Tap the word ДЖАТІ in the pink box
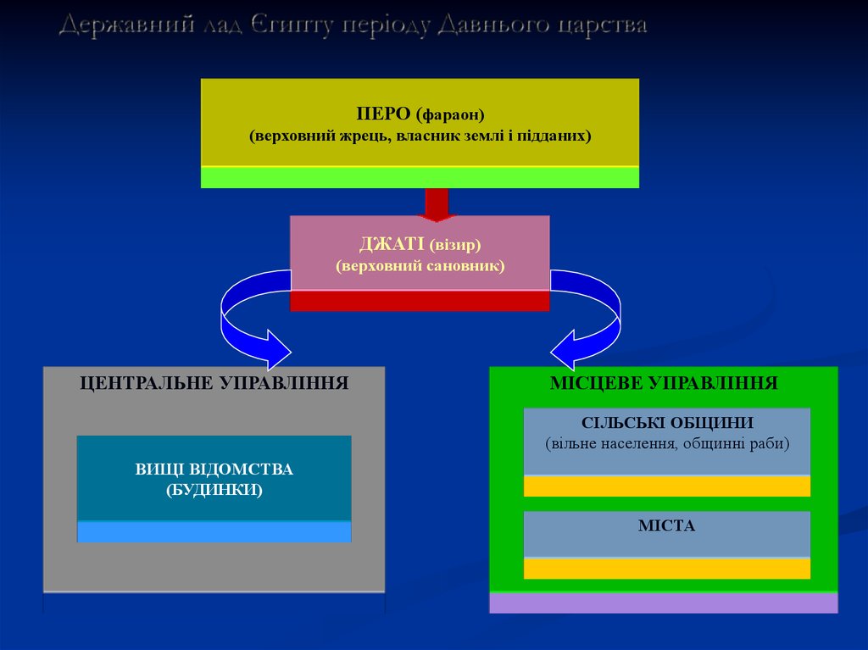tap(392, 245)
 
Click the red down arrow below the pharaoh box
tap(436, 203)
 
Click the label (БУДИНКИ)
tap(214, 490)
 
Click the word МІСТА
tap(666, 526)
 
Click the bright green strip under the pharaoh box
tap(420, 177)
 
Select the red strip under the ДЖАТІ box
tap(420, 301)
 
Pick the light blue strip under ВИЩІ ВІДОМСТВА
tap(214, 531)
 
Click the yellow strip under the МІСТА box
tap(666, 568)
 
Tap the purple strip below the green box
tap(663, 603)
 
